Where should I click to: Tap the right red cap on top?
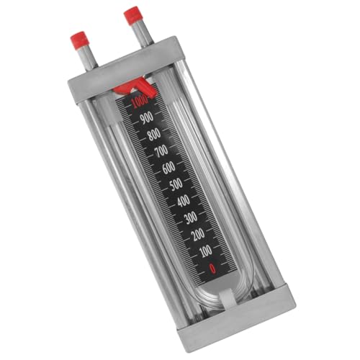point(132,14)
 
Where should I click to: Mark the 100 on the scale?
point(204,250)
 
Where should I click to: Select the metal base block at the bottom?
point(238,317)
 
